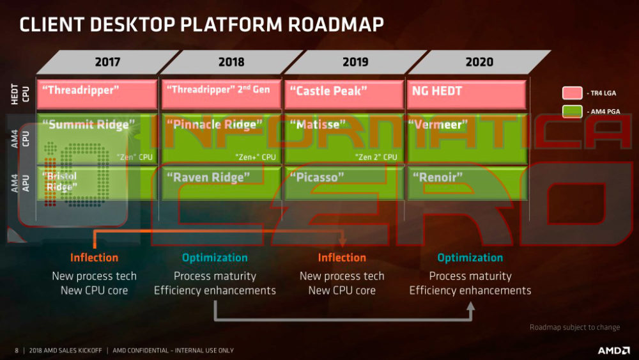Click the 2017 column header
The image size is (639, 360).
click(x=107, y=62)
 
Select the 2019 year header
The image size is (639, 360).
click(x=355, y=62)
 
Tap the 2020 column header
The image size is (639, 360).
click(x=479, y=62)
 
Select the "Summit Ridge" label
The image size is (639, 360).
click(x=89, y=124)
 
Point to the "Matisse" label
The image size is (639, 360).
click(x=317, y=124)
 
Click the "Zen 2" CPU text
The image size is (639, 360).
click(x=376, y=157)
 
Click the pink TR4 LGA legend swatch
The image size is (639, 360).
click(x=572, y=93)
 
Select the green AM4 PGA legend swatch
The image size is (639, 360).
click(x=572, y=112)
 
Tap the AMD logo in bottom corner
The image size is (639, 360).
click(x=613, y=350)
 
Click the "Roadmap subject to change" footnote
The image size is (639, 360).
click(x=574, y=327)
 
